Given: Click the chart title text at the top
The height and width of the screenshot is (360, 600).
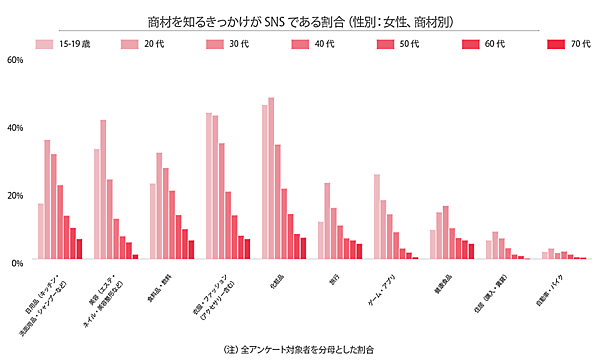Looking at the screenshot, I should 300,19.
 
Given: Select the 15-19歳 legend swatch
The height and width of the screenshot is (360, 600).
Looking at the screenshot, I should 42,45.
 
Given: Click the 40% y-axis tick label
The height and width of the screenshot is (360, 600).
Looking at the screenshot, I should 14,127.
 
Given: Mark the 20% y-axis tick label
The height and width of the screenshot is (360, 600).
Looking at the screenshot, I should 14,194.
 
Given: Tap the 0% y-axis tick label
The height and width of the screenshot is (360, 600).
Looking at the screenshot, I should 16,262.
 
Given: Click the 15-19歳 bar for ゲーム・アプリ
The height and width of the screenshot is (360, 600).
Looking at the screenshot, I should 377,217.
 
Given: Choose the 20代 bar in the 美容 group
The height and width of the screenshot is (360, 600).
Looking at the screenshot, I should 104,190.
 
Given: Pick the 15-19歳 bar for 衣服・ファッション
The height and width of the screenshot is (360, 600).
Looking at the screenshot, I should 209,186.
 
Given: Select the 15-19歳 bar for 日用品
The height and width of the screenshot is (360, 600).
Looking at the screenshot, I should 41,232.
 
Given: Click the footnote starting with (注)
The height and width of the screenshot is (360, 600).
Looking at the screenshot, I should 300,349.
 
